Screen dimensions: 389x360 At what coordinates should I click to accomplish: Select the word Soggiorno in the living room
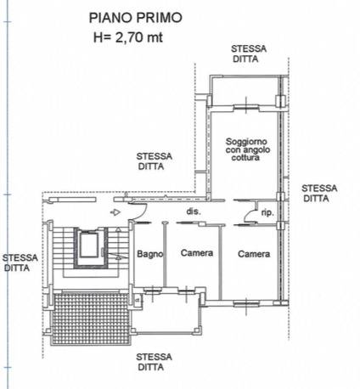[247, 140]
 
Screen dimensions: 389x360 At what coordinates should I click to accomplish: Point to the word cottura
[246, 159]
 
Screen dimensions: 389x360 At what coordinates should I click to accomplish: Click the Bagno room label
[149, 253]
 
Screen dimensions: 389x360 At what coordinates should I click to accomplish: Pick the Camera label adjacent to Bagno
[195, 253]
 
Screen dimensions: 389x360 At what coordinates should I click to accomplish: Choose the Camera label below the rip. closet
[254, 253]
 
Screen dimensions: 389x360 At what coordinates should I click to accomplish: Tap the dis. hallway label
[193, 211]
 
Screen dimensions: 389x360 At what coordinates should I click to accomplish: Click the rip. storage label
[267, 211]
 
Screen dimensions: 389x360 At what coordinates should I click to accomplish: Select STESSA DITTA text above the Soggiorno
[248, 55]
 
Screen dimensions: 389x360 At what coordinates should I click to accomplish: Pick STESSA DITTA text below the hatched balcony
[155, 362]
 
